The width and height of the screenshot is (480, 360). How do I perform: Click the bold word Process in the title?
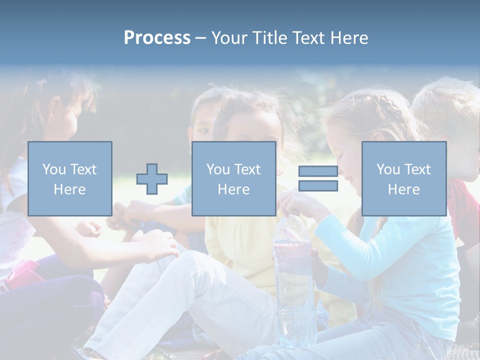point(157,37)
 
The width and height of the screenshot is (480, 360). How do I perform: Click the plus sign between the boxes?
point(152,179)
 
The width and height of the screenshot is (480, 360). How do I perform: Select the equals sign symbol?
point(318,178)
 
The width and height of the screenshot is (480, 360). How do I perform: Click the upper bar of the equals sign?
point(318,171)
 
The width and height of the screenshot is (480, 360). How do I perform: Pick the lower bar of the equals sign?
point(318,186)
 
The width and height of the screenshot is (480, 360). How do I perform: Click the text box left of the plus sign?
point(69,178)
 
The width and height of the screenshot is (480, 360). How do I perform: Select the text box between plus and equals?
point(233,178)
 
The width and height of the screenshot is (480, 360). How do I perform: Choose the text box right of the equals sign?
point(403,178)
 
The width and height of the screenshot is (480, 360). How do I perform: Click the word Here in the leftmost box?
point(69,189)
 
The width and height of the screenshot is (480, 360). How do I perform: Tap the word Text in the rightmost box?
point(417,169)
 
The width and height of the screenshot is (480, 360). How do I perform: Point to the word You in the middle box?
point(218,169)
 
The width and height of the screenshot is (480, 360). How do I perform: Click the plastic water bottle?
point(294,280)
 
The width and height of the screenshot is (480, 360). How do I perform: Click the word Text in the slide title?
point(308,37)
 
